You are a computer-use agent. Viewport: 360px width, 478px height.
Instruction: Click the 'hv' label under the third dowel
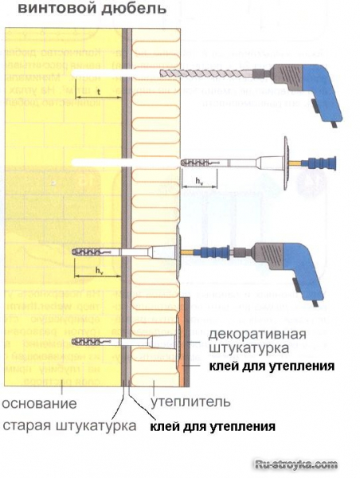pyautogui.click(x=99, y=272)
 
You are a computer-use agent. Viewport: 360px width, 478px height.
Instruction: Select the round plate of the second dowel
pyautogui.click(x=284, y=163)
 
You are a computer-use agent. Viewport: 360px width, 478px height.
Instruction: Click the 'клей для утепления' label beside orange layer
pyautogui.click(x=270, y=366)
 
